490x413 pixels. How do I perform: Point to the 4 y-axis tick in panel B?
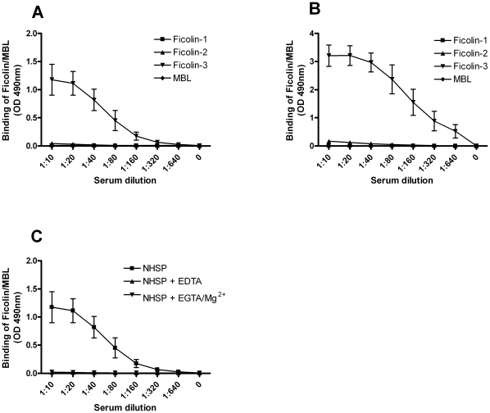[x=290, y=34]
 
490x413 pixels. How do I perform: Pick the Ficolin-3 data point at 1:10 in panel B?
[x=329, y=56]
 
